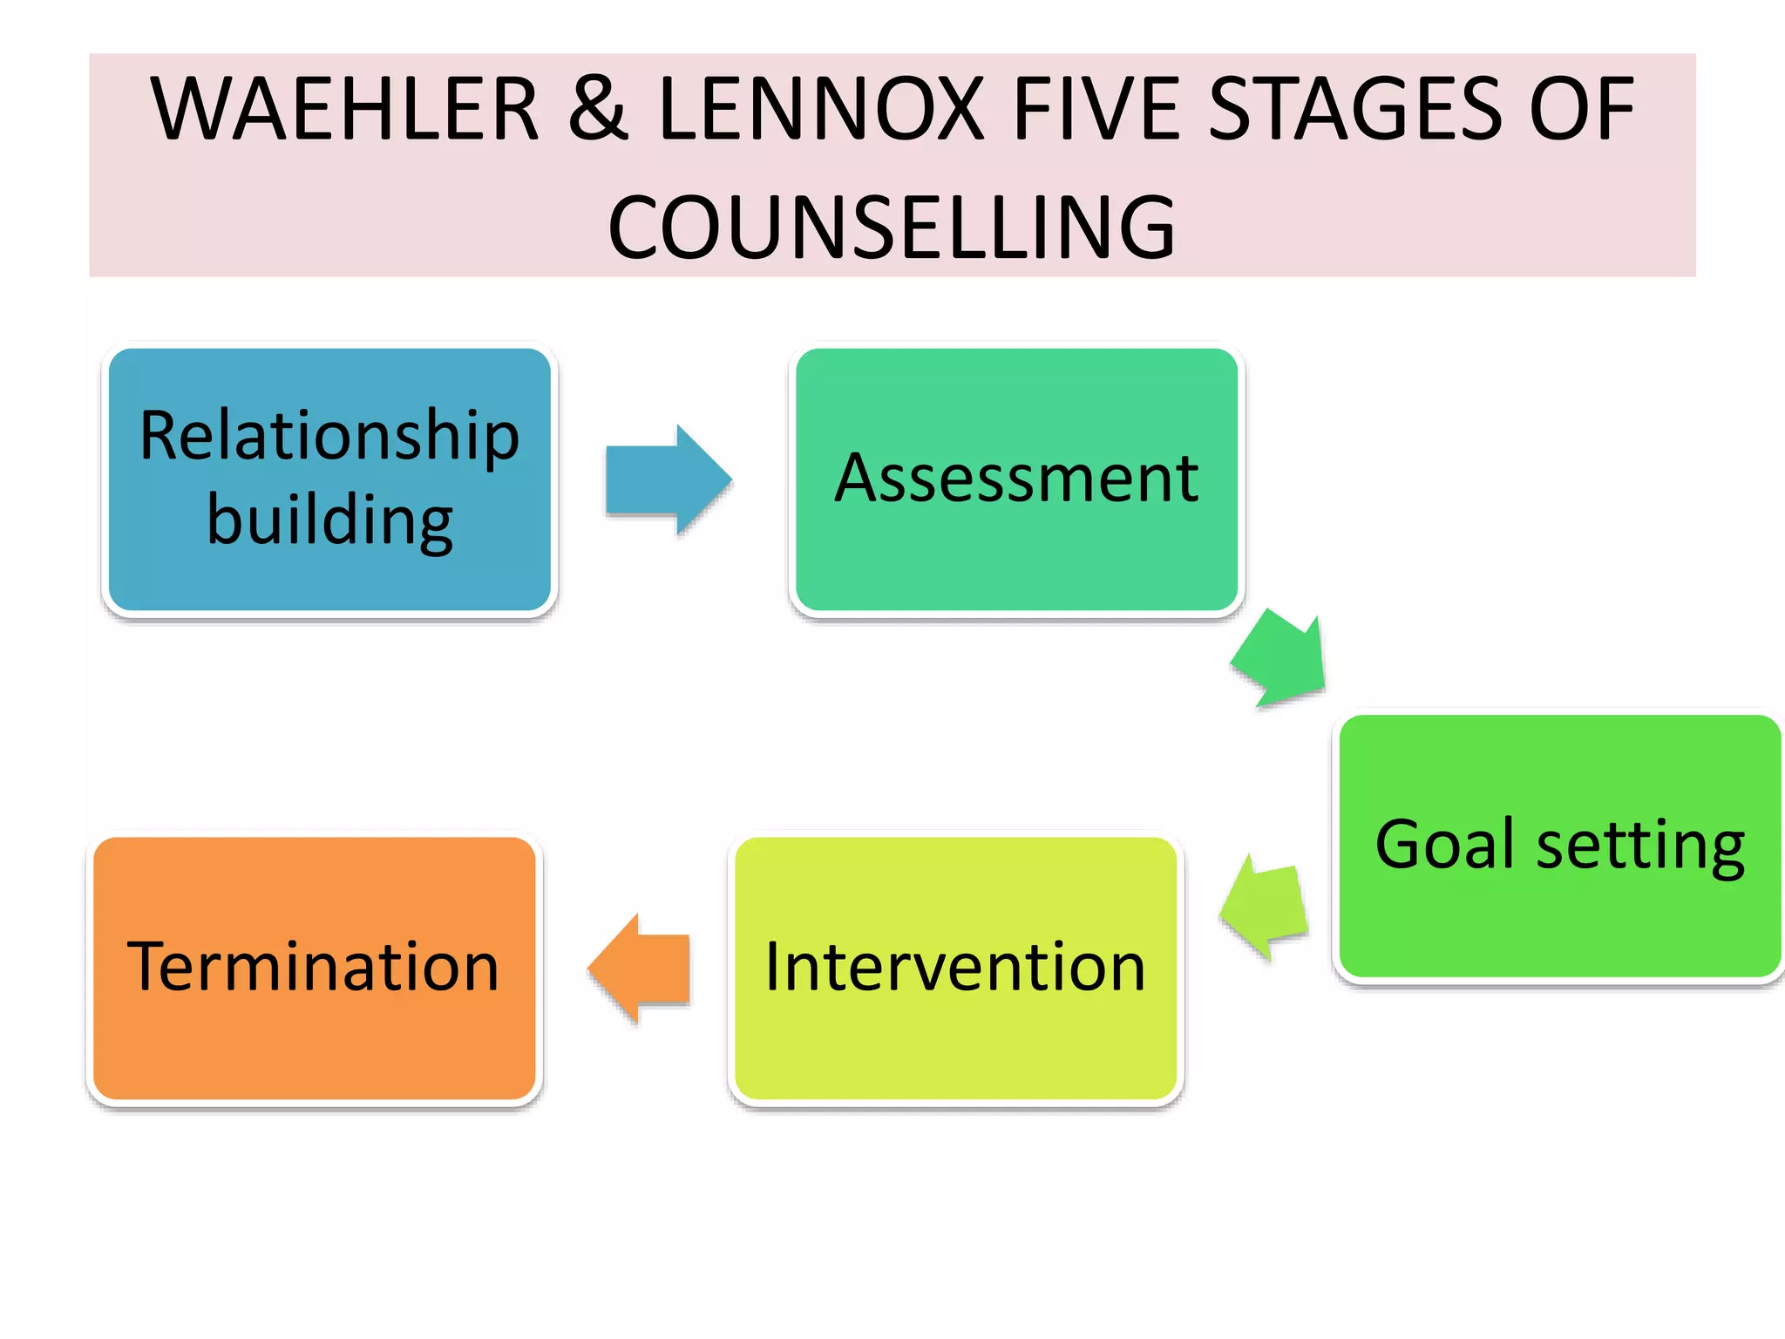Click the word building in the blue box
[329, 520]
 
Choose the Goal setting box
[1559, 924]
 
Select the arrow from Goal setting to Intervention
[1266, 907]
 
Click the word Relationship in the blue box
[329, 436]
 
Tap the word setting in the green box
[1639, 846]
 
